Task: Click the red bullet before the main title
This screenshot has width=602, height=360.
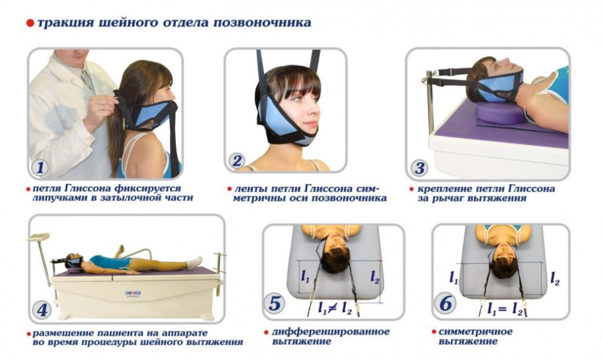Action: coord(31,23)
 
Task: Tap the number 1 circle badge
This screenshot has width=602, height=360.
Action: coord(40,167)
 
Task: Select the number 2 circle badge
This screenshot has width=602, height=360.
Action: coord(236,161)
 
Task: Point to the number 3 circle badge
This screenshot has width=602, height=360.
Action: coord(419,168)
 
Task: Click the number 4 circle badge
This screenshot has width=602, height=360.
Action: coord(42,309)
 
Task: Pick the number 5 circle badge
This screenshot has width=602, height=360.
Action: coord(275,303)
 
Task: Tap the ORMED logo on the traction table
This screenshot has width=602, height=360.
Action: coord(133,294)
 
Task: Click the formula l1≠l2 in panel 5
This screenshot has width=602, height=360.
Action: coord(335,308)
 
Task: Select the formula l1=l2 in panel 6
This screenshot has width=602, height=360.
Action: coord(505,309)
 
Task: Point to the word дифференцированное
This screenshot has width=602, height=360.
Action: coord(330,331)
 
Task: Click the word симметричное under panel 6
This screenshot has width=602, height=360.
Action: coord(475,331)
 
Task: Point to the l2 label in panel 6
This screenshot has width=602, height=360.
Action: coord(554,278)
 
